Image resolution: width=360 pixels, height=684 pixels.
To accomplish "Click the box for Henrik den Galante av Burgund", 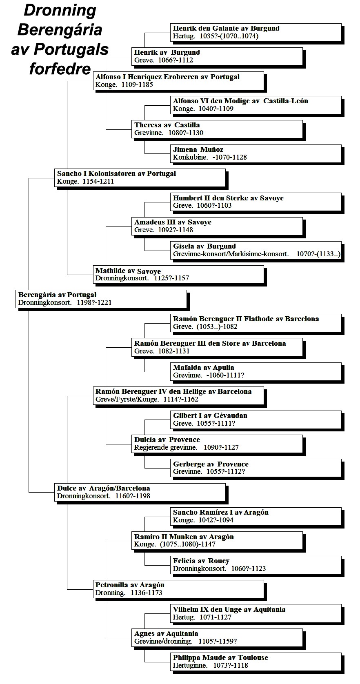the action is (256, 32).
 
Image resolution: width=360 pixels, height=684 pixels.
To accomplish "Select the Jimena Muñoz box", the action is (256, 153).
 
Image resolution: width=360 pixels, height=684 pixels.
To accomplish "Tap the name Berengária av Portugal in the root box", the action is (57, 295).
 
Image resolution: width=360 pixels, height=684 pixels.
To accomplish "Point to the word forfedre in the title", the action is (60, 69).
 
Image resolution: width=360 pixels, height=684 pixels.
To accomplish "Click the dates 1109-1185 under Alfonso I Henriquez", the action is (137, 84).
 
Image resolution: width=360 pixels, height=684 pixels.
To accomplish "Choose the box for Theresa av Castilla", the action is (217, 129).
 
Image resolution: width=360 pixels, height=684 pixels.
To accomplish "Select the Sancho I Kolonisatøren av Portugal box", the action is (140, 178).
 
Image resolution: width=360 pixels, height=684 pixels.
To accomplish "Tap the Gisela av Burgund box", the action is (256, 251).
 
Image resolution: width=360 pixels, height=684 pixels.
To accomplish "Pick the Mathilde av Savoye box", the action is (179, 275).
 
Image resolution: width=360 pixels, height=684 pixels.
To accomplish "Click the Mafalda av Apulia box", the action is (256, 372).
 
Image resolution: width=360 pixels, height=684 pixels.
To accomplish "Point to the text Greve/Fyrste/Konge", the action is (127, 400).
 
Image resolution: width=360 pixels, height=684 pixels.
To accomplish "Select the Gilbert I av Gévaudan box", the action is (256, 420).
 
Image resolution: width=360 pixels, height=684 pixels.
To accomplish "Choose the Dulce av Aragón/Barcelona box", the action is (140, 492).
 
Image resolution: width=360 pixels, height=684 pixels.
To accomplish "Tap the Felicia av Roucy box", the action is (256, 565).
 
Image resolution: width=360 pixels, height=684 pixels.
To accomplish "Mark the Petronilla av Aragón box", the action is (179, 589).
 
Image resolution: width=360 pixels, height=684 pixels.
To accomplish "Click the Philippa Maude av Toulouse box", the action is (256, 662).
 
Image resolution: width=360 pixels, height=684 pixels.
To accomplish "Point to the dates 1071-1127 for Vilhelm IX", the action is (216, 617).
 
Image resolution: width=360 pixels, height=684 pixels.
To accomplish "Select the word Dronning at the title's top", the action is (60, 11).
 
